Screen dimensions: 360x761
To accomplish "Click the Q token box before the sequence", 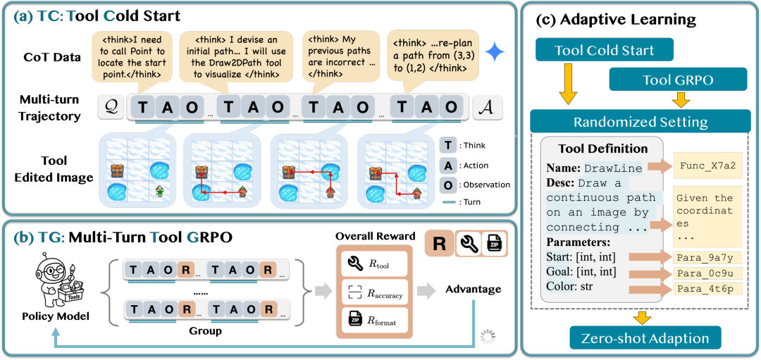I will click(x=111, y=106).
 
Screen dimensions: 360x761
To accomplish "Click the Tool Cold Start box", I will click(x=604, y=51).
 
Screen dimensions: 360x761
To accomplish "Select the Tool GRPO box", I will click(x=677, y=80).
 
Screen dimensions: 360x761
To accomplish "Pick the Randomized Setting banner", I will click(x=640, y=122).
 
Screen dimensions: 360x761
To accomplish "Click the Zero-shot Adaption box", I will click(x=645, y=338).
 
